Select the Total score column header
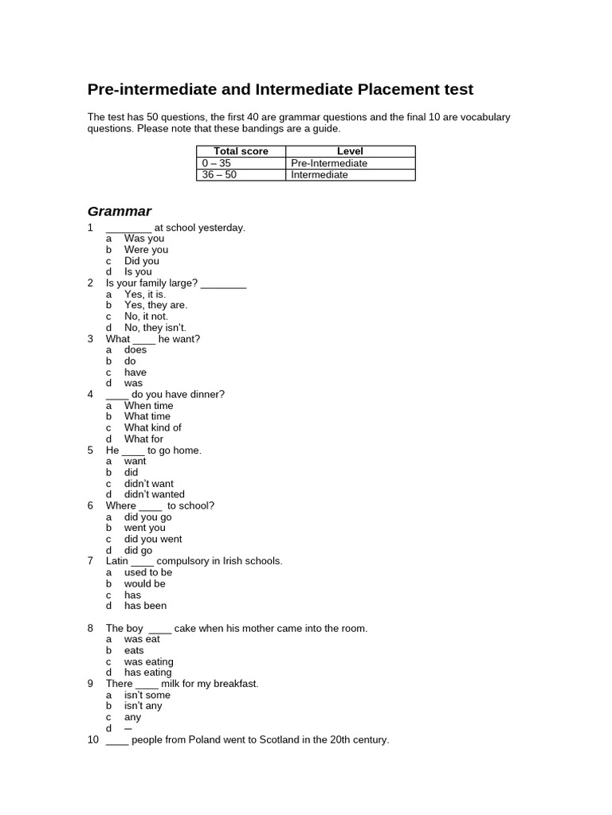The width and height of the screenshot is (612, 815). (241, 151)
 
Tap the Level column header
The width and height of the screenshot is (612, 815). (350, 151)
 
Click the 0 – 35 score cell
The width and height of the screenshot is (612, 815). (217, 163)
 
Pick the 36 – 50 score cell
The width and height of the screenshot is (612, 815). (220, 175)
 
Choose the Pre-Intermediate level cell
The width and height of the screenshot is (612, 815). (329, 163)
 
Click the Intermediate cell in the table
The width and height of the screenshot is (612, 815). (320, 175)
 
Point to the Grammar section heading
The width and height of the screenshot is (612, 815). (119, 211)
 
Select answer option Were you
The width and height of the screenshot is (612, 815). (146, 250)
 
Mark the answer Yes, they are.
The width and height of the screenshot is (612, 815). (155, 305)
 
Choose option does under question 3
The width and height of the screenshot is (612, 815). (135, 349)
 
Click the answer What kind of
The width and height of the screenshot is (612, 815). (152, 427)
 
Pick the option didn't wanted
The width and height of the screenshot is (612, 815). (154, 494)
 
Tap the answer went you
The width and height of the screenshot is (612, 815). (144, 528)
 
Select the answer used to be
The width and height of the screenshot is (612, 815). (147, 572)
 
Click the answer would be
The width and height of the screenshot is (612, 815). (144, 583)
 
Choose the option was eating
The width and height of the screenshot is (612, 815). (148, 661)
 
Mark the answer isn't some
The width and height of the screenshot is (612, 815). (147, 695)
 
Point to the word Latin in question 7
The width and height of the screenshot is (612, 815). (116, 561)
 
